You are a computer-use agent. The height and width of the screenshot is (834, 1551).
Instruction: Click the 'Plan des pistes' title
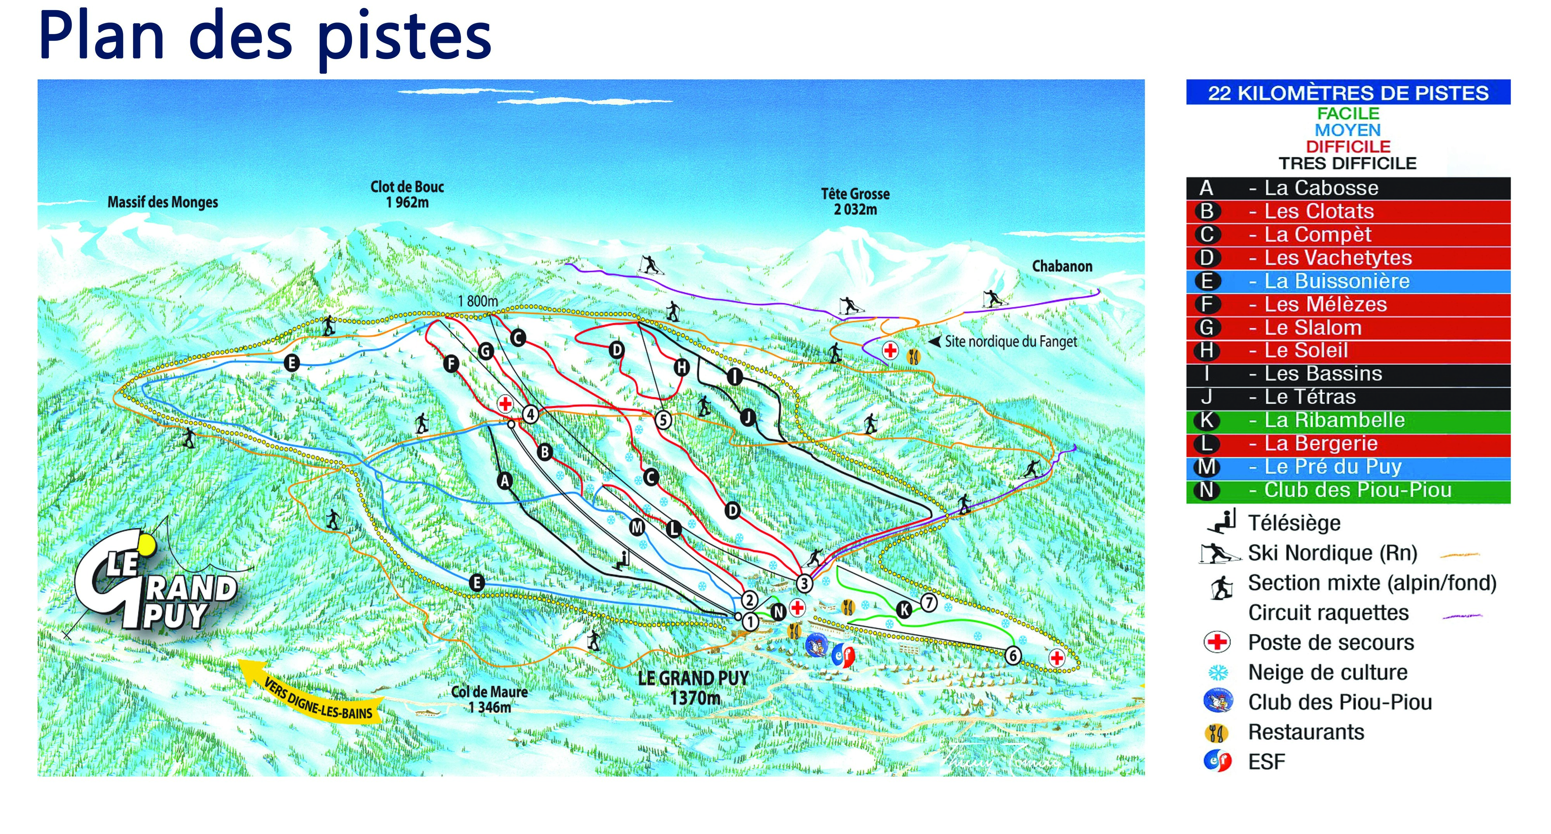tap(265, 37)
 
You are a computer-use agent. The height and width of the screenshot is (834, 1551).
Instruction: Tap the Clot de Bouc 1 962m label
tap(407, 194)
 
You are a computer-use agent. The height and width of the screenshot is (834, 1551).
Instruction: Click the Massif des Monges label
tap(162, 202)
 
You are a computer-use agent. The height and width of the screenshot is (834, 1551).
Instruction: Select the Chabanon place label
tap(1062, 266)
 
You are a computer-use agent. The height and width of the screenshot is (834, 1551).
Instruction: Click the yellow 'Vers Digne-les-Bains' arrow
tap(313, 692)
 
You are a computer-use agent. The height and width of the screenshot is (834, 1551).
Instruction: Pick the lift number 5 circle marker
tap(663, 420)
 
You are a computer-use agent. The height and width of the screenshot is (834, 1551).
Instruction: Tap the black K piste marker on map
tap(904, 609)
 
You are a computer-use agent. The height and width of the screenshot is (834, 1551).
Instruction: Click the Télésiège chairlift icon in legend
tap(1222, 521)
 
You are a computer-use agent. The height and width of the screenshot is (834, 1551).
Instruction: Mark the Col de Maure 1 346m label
tap(489, 699)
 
